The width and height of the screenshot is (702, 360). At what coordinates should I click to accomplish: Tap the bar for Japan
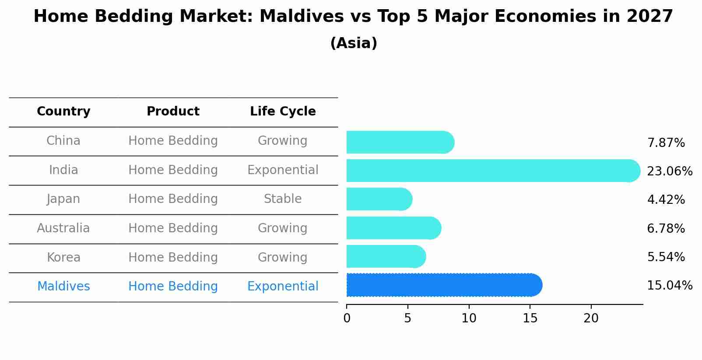[379, 199]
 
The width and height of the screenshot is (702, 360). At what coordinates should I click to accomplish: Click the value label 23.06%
[669, 171]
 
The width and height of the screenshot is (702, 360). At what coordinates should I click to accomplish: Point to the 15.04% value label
[669, 286]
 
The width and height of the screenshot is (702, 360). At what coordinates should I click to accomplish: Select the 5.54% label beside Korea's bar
[666, 257]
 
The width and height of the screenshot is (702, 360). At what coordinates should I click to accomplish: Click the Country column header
[63, 112]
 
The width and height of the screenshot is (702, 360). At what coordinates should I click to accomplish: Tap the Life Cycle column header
[283, 112]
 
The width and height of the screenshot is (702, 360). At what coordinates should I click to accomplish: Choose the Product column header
[173, 112]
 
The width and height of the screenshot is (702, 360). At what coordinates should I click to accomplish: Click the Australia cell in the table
[63, 228]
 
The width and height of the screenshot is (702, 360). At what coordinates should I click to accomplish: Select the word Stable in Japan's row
[283, 199]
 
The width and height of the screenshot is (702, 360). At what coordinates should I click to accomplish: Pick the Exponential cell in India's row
[283, 170]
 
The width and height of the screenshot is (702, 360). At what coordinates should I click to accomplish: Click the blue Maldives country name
[63, 287]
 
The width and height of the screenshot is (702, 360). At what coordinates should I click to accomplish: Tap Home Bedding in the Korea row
[173, 258]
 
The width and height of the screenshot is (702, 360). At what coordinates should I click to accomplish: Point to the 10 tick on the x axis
[469, 318]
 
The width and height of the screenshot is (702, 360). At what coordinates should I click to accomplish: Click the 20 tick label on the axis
[591, 318]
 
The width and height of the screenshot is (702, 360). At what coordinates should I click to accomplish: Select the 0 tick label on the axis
[347, 318]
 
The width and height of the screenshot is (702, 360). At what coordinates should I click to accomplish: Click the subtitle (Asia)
[354, 43]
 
